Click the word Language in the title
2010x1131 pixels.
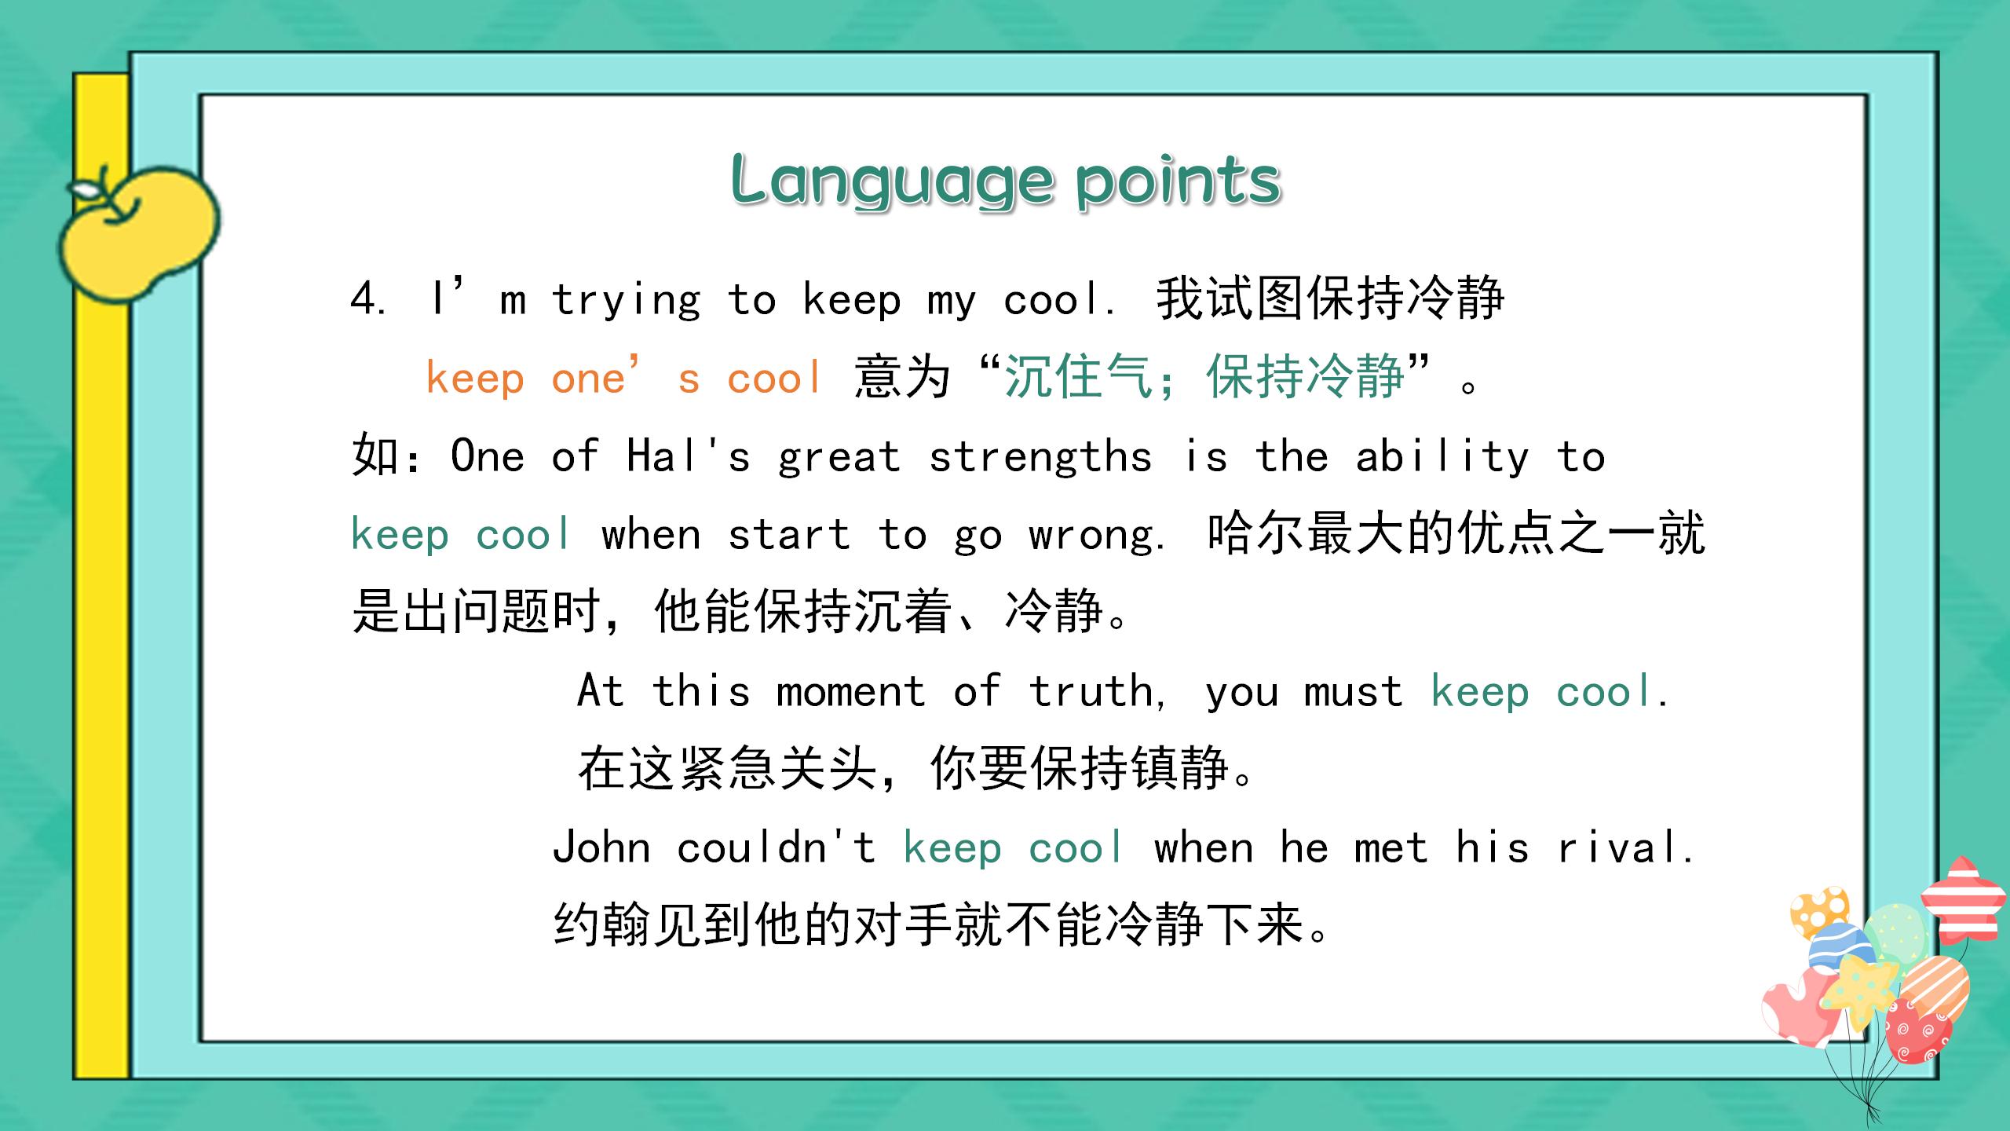point(892,181)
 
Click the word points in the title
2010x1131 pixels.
point(1179,181)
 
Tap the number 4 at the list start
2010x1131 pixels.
point(364,299)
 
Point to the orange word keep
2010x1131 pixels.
point(475,379)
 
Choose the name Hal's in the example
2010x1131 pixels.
point(688,456)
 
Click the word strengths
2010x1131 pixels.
point(1040,456)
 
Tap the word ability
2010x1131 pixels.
point(1442,456)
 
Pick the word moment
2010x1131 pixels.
point(850,692)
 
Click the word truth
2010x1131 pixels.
point(1091,692)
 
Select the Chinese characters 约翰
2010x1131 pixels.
point(602,924)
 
